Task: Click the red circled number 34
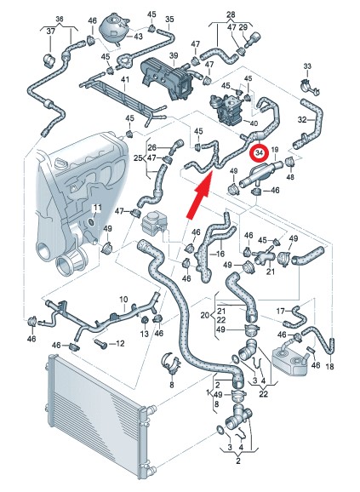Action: [259, 153]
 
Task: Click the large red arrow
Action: [200, 194]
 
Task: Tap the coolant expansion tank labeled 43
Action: [113, 30]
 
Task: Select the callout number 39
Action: [174, 56]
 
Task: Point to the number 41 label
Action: [125, 80]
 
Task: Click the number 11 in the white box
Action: [97, 208]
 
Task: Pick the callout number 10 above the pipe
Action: [124, 300]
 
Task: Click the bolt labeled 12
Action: [101, 344]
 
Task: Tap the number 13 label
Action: [144, 334]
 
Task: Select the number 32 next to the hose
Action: [302, 120]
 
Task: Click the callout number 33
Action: [307, 66]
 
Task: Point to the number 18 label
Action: [330, 366]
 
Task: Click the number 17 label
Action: [280, 311]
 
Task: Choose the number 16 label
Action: [220, 254]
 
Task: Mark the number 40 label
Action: [254, 123]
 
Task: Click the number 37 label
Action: [51, 31]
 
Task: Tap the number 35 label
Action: [169, 20]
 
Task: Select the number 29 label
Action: [243, 27]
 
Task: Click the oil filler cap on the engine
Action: [60, 163]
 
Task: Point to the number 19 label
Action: [275, 150]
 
